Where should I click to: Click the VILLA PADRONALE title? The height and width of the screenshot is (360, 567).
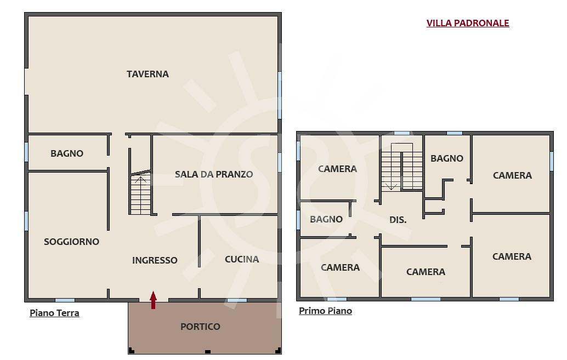point(468,23)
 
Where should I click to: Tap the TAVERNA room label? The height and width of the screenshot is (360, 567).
point(148,74)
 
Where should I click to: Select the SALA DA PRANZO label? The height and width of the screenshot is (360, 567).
point(214,174)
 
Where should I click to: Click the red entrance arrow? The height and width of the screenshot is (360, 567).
point(154,300)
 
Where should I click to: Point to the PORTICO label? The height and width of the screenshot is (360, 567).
point(200,327)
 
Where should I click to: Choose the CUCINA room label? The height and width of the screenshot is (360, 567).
point(242,259)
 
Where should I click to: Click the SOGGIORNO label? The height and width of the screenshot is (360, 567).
point(72,242)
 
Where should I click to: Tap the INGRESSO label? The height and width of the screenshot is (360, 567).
point(155,260)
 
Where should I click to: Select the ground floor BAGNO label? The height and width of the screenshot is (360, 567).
point(67,153)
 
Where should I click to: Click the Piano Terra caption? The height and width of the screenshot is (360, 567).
point(54,313)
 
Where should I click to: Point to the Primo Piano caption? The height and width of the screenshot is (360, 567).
point(325,311)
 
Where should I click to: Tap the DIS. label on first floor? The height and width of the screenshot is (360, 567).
point(398,220)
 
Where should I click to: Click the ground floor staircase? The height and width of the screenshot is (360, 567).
point(141,194)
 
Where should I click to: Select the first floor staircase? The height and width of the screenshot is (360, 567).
point(402,167)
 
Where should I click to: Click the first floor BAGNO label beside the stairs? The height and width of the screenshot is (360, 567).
point(447,158)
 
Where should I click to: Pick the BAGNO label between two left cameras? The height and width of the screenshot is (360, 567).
point(326,219)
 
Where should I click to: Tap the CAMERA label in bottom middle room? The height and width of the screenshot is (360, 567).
point(426,272)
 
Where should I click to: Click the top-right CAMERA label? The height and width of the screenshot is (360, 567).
point(512,175)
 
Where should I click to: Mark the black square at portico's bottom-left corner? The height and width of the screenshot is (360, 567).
point(132,351)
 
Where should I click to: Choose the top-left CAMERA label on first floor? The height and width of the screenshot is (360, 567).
point(337,169)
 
